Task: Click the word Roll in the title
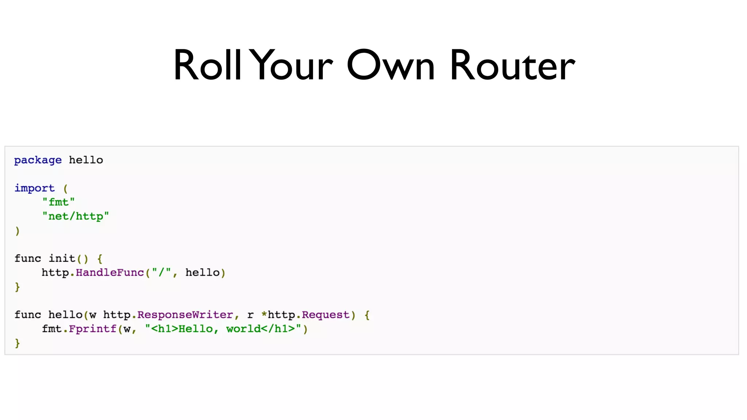(x=207, y=66)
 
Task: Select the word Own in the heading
(x=391, y=66)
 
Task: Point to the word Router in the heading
(x=512, y=66)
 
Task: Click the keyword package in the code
(x=38, y=160)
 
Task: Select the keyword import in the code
(x=35, y=188)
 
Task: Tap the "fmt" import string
(x=58, y=202)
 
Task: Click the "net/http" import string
(x=76, y=217)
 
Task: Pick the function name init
(x=62, y=258)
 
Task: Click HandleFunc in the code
(x=110, y=273)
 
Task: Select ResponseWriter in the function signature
(x=185, y=315)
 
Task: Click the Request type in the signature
(x=325, y=315)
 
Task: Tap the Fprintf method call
(x=93, y=329)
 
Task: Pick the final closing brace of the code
(x=17, y=343)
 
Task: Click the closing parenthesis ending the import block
(x=17, y=231)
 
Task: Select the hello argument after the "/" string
(x=202, y=273)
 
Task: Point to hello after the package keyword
(x=86, y=160)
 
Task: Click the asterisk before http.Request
(x=264, y=314)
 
